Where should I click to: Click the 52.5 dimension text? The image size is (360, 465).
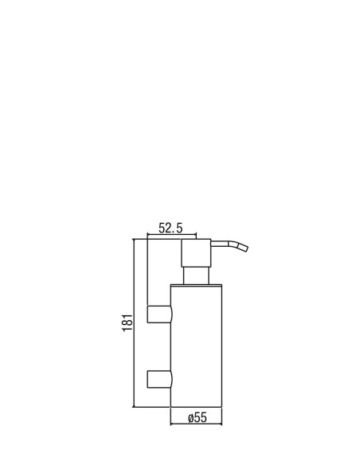coord(170,228)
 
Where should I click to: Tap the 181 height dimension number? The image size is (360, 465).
coord(127,322)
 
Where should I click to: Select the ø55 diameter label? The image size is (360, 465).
coord(198,417)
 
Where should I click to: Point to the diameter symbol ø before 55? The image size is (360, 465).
coord(191,418)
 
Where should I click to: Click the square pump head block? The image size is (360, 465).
coord(196,253)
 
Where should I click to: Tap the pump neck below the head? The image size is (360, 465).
coord(196,275)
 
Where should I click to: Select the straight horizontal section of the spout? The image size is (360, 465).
coord(220,244)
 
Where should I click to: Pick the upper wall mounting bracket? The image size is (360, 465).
coord(159,314)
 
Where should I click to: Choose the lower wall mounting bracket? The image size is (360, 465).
coord(159,379)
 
